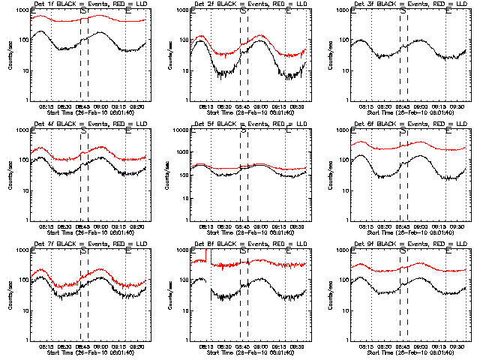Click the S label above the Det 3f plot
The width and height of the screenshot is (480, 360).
click(x=404, y=12)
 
